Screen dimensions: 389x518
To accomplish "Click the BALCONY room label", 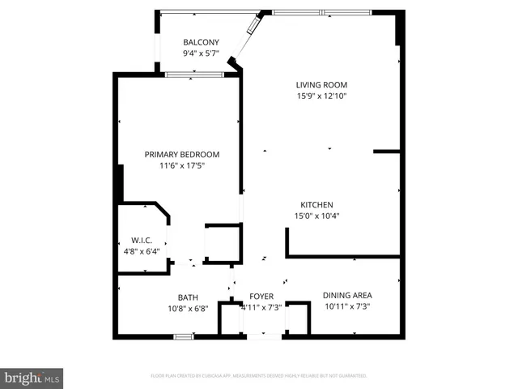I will point(201,43).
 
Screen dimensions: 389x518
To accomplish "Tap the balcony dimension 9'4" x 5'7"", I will point(201,53).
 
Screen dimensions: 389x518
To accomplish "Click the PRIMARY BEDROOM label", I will point(182,155).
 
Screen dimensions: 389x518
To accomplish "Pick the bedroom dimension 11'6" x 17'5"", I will point(182,167).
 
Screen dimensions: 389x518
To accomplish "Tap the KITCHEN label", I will point(317,205).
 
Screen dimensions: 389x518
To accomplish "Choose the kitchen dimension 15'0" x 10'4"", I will point(317,216).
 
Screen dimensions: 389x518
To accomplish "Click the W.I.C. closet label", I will point(142,240).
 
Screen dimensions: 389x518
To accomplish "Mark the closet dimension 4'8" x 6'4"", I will point(142,251).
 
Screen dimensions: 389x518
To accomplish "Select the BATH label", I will point(188,297).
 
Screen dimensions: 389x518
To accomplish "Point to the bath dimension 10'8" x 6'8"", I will point(188,309).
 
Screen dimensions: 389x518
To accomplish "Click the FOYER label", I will point(261,297).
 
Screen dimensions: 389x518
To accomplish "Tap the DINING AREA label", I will point(347,296).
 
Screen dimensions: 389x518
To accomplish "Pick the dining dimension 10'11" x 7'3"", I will point(347,308).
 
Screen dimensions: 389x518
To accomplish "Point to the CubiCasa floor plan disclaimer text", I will point(259,376).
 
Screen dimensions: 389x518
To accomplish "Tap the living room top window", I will point(321,12).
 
